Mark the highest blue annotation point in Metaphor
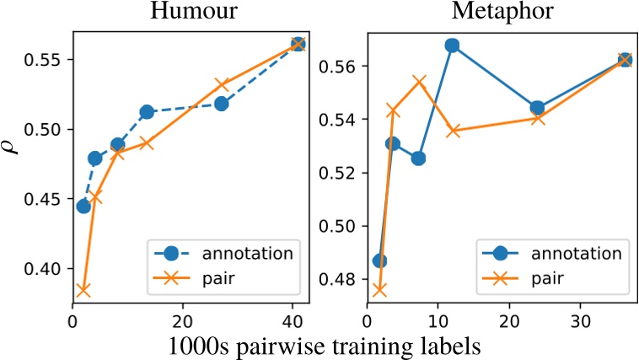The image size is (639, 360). pos(452,46)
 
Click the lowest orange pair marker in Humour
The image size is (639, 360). pos(83,290)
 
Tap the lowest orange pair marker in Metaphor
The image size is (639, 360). pos(379,290)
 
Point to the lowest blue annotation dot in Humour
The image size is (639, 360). pos(83,206)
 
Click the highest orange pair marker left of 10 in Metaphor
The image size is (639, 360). pos(419,82)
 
